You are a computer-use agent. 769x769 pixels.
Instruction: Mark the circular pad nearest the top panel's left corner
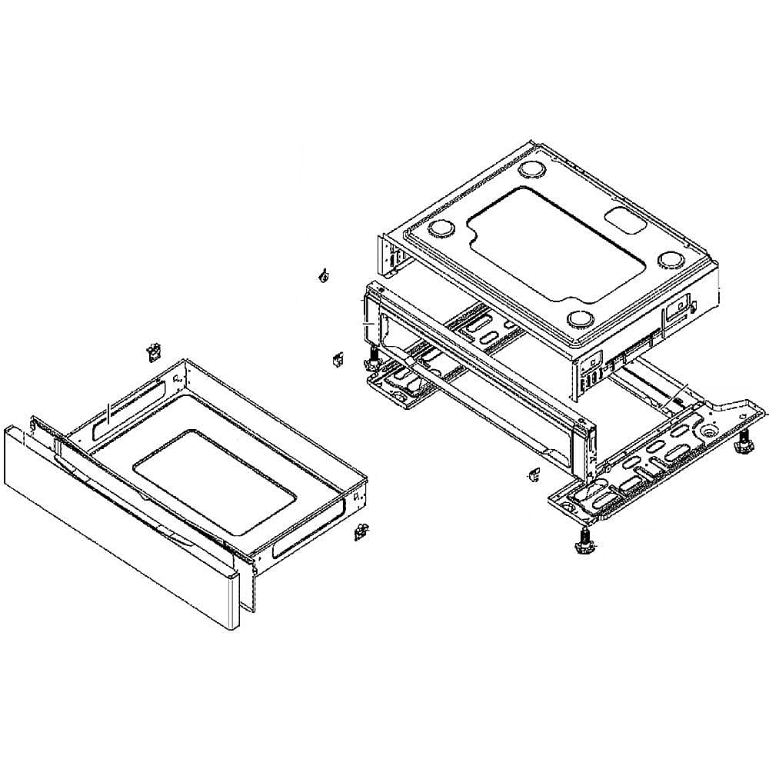(442, 228)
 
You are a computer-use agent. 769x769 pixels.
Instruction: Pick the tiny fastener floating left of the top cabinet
(323, 275)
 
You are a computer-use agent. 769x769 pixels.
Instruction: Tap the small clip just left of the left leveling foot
(337, 359)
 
